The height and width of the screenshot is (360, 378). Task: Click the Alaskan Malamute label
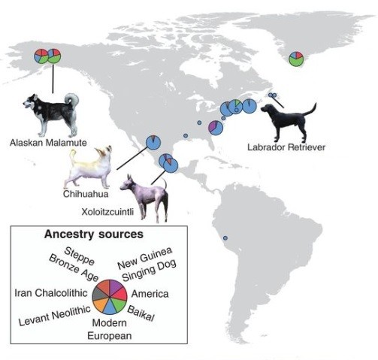coord(48,143)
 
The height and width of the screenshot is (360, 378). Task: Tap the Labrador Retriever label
coord(286,147)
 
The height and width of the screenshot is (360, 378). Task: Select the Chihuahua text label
coord(86,194)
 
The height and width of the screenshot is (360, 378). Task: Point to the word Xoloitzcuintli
coord(107,212)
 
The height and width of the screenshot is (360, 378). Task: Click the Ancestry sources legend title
coord(94,234)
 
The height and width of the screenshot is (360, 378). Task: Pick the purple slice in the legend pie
coord(114,286)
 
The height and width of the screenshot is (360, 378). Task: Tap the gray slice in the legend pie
coord(98,294)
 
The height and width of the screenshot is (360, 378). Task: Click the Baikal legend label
coord(141,313)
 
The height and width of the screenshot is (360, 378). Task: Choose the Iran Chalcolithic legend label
coord(51,293)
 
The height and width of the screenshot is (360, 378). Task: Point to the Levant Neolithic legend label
coord(55,316)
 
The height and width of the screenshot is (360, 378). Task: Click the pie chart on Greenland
coord(296,59)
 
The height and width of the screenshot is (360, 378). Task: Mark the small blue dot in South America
coord(225,238)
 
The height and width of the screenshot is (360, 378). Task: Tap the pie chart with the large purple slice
coord(216,128)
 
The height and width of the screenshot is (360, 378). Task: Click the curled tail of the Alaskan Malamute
coord(72,99)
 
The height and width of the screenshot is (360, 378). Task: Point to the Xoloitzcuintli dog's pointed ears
coord(130,178)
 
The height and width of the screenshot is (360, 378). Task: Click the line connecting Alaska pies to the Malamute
coord(53,79)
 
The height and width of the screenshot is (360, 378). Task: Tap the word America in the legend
coord(150,294)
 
